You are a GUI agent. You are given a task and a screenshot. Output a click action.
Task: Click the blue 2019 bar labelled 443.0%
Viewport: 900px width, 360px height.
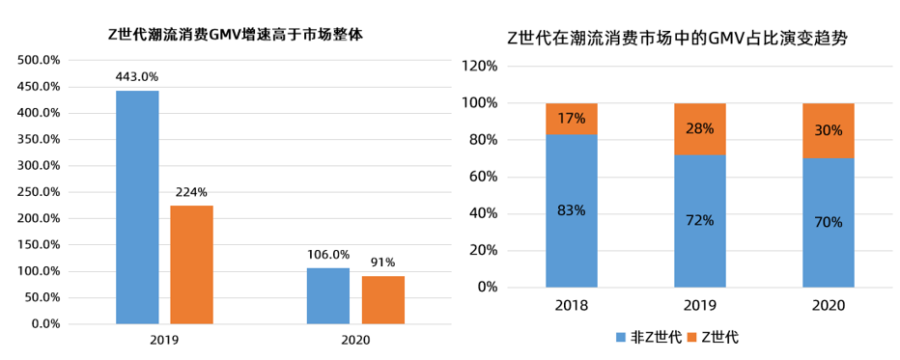[137, 208]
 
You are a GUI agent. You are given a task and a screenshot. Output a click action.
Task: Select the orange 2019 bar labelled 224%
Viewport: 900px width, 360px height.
[191, 264]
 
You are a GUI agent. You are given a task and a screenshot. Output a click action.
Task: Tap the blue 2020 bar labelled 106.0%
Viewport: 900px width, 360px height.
[327, 295]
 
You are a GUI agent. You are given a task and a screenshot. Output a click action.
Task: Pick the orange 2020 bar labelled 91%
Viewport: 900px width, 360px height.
[383, 299]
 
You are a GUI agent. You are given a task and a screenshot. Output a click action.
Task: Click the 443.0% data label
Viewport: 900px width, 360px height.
[137, 77]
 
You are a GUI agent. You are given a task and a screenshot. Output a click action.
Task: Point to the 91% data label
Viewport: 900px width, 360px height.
[383, 262]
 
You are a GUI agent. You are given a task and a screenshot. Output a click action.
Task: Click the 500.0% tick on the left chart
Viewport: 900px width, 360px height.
[40, 60]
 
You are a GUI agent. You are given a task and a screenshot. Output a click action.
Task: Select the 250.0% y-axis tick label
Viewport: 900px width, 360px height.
[40, 192]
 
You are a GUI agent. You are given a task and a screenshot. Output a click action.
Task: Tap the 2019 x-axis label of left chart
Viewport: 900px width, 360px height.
[164, 341]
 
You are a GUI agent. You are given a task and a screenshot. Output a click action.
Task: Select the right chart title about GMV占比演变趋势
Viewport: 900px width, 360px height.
[684, 39]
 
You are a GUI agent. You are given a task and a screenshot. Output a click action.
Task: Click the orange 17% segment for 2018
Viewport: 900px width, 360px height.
[572, 119]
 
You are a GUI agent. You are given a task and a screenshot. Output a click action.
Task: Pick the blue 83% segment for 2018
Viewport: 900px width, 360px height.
[572, 210]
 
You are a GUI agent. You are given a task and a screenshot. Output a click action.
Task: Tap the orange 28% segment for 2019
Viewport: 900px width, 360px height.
[700, 128]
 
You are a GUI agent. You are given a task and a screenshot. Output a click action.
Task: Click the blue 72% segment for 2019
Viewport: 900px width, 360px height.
[700, 220]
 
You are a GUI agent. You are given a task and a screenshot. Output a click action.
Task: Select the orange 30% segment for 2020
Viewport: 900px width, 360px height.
[829, 130]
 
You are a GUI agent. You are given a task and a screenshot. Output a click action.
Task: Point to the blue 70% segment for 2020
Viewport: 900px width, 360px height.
[829, 222]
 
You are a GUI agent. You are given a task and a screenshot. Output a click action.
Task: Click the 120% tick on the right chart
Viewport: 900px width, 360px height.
[480, 66]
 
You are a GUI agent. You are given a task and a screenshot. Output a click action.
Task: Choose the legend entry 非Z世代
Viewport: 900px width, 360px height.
[648, 336]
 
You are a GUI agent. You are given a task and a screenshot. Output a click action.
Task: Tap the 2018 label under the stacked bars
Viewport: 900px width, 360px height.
[572, 306]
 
